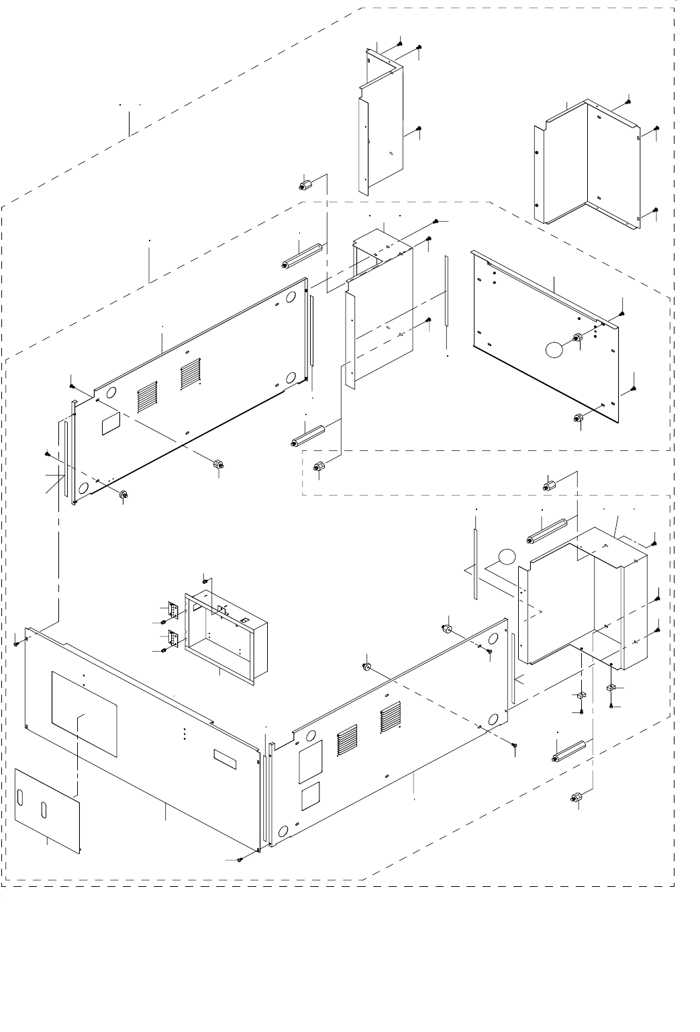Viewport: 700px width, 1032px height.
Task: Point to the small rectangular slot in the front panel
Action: [225, 759]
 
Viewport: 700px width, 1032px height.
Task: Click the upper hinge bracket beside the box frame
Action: [172, 610]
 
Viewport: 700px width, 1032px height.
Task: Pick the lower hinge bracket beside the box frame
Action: [172, 638]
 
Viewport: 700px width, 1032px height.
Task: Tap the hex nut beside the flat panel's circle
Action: [577, 338]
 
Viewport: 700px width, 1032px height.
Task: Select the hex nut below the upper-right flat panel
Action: [579, 419]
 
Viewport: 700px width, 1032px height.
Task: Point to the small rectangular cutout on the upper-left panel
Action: [109, 424]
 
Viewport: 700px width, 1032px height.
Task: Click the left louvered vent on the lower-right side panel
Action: [347, 740]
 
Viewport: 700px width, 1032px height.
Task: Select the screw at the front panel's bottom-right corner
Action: [240, 860]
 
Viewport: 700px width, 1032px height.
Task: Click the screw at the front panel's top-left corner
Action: [16, 643]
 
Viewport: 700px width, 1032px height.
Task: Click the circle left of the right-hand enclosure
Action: [507, 557]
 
